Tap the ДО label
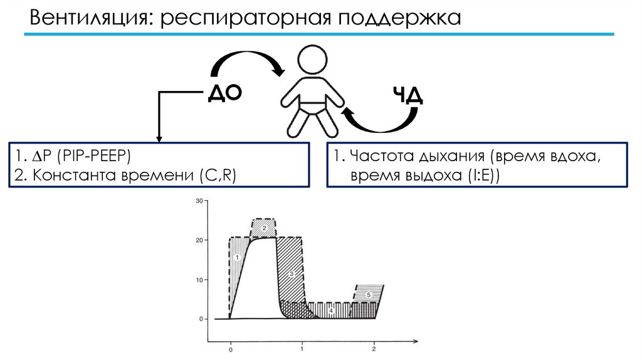[x=224, y=94]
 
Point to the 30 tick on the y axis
[x=200, y=201]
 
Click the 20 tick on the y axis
[x=200, y=240]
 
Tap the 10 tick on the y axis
[x=200, y=280]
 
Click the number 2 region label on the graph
[x=265, y=228]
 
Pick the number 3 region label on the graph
[x=292, y=273]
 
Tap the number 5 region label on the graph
[x=369, y=294]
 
